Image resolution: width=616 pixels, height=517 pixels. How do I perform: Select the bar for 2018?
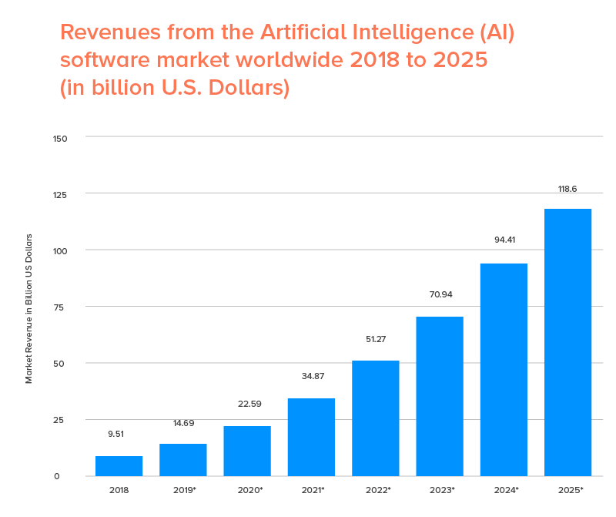119,466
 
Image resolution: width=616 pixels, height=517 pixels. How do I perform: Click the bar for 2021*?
311,437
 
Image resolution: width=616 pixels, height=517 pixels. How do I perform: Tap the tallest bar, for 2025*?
567,342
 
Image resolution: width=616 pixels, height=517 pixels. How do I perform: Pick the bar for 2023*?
440,396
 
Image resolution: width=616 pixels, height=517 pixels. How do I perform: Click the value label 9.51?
115,434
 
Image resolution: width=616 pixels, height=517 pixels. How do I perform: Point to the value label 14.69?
182,422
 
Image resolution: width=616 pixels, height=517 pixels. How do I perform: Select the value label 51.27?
375,338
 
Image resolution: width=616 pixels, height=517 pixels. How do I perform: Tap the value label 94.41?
504,240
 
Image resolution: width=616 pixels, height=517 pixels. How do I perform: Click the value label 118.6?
567,189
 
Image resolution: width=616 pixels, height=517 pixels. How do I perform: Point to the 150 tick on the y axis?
61,139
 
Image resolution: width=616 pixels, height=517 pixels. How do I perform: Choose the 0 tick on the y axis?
56,476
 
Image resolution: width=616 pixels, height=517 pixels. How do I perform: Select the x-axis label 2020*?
247,490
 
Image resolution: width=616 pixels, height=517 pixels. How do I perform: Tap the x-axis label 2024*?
504,490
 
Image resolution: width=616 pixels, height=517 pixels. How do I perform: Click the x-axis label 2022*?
376,490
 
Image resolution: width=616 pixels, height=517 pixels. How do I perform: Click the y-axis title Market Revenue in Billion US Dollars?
29,308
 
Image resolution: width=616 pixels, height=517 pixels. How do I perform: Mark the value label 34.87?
311,376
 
